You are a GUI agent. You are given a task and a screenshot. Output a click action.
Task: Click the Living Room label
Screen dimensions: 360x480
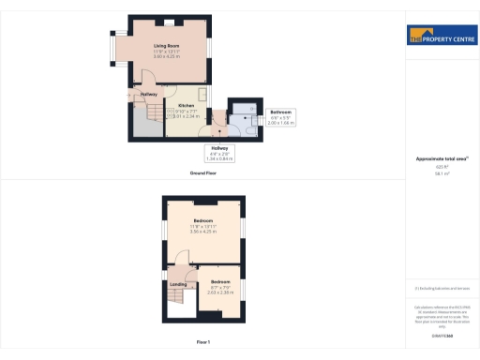pos(167,44)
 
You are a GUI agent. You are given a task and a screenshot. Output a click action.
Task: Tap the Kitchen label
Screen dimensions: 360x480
pos(173,105)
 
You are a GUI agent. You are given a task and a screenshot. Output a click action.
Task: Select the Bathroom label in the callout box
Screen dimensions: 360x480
pos(279,112)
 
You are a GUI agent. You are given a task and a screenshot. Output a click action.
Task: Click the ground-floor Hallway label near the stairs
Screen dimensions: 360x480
pos(148,94)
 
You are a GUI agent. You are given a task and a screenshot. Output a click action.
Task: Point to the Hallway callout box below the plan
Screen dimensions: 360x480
pos(219,153)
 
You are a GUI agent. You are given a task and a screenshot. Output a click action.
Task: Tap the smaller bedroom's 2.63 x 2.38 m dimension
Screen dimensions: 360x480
pos(220,292)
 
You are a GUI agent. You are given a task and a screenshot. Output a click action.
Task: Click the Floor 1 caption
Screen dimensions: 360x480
pos(202,344)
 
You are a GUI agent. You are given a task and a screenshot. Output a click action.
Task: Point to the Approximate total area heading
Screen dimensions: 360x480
pos(441,158)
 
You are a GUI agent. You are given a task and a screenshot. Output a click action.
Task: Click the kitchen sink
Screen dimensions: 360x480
pos(169,115)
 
